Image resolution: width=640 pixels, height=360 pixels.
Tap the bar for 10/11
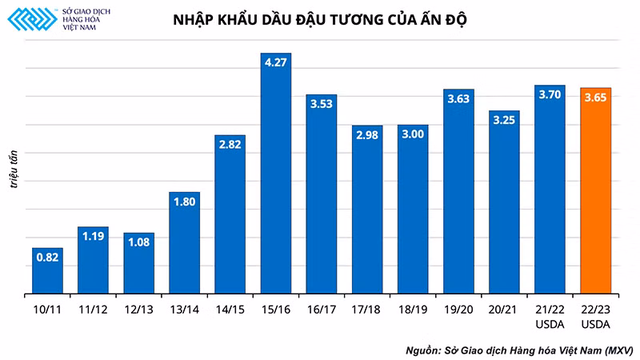[47, 272]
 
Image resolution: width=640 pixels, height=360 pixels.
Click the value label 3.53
[322, 103]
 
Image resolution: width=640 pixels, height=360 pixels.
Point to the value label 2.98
[367, 134]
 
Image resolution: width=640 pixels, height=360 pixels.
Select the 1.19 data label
[93, 236]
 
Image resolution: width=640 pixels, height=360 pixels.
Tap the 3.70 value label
[550, 94]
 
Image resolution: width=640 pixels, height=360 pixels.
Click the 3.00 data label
[413, 134]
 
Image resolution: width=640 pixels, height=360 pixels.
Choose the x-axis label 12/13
[138, 308]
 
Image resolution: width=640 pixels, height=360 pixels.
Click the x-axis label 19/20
[459, 308]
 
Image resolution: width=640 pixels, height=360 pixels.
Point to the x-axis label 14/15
[230, 308]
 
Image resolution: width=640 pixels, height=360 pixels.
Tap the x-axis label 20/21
[505, 308]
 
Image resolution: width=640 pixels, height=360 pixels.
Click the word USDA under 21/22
[550, 323]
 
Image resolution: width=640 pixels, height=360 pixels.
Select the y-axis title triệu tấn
[14, 166]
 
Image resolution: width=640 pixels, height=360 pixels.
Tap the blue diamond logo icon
[30, 20]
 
